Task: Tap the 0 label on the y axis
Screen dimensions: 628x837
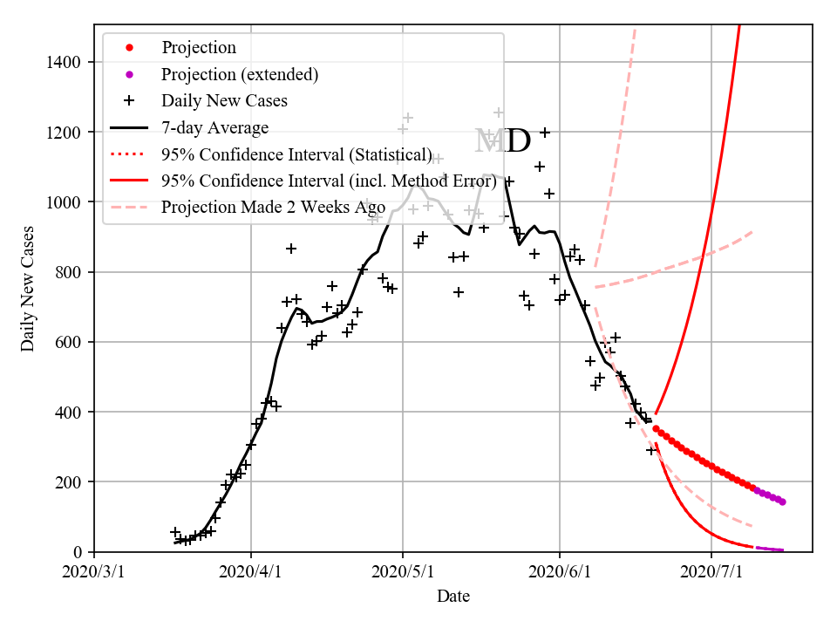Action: (x=78, y=552)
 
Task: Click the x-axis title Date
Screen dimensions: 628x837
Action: (x=453, y=597)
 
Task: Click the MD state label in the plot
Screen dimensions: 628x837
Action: (x=503, y=141)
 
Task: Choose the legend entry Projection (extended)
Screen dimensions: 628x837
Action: (x=240, y=74)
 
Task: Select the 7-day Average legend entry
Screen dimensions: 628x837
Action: (x=214, y=128)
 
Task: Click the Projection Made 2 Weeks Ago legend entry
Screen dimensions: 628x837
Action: (x=273, y=208)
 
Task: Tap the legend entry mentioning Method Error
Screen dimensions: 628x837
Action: (x=329, y=181)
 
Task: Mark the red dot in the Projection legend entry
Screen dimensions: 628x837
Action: (x=130, y=48)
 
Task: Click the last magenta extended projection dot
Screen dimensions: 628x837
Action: (x=782, y=502)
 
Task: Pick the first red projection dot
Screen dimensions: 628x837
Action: (x=656, y=428)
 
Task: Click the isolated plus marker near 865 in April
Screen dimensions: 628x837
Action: (x=291, y=249)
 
